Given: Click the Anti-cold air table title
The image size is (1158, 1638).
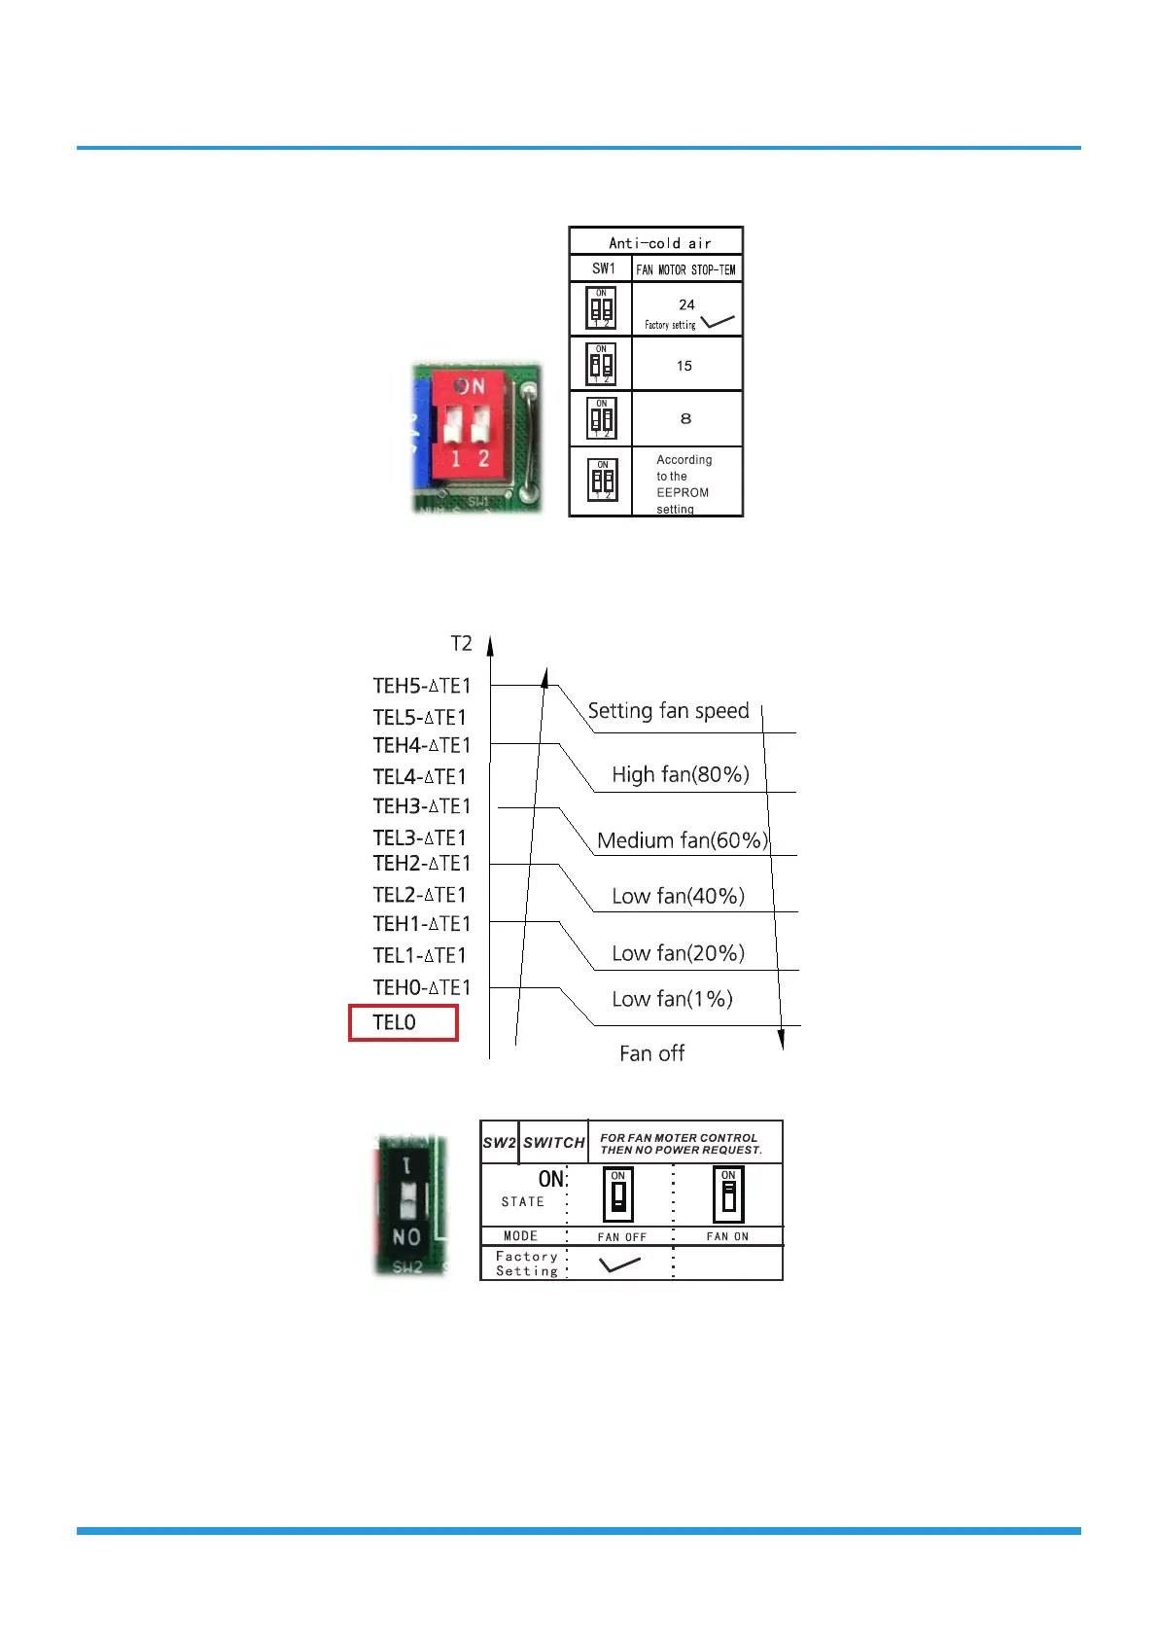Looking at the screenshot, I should point(659,243).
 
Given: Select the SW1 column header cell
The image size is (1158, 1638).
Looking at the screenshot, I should point(603,268).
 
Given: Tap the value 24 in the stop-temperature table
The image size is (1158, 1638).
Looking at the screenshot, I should point(686,304).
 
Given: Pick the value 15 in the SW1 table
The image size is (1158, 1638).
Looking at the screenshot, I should point(684,366).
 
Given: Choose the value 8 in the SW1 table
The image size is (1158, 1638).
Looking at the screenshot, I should point(685,418).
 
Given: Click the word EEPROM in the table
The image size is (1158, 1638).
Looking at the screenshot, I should point(682,492).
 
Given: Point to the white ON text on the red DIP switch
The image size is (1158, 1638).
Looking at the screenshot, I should point(471,386).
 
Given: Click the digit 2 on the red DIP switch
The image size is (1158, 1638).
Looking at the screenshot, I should point(483,458).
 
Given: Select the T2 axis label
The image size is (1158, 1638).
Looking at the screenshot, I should point(461,643).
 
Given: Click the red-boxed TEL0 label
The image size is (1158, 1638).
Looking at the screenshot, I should point(395,1022).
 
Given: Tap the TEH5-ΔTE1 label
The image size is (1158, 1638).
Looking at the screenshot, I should point(421,686).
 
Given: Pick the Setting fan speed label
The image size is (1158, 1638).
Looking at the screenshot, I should point(668,711).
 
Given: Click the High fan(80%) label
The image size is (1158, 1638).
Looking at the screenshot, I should point(680,774).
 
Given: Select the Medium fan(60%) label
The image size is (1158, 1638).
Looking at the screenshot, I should point(682,840).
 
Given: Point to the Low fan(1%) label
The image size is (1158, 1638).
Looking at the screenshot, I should point(672,999).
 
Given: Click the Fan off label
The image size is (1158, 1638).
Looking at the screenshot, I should point(651,1053).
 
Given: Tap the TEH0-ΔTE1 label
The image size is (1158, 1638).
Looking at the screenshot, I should point(421,987).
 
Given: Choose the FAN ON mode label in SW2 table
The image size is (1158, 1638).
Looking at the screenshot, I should point(727,1236).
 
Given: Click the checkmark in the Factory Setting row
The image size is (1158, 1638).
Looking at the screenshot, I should point(619,1264).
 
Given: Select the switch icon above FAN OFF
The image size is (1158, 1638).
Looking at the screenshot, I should point(618,1194).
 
